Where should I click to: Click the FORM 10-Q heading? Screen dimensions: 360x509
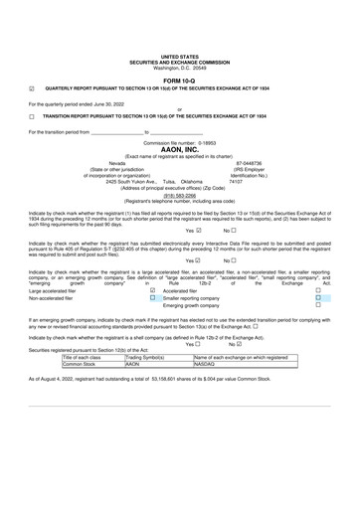click(x=179, y=80)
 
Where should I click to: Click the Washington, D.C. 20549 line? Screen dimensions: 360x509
click(x=179, y=67)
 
